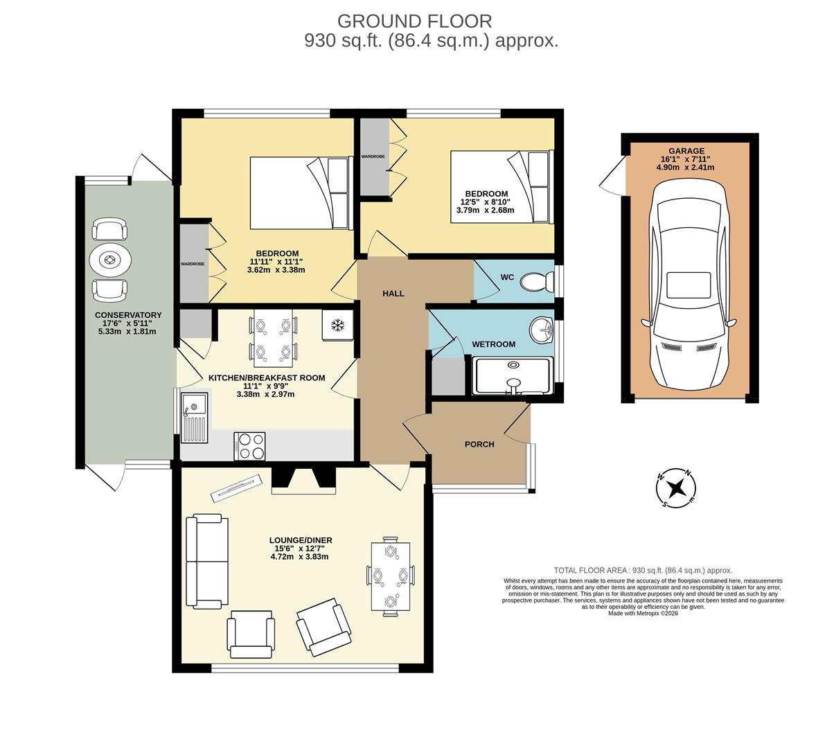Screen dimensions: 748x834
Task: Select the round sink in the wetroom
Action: click(x=543, y=330)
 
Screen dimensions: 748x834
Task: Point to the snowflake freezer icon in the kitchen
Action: click(x=338, y=325)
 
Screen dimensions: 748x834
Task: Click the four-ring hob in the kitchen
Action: click(x=250, y=445)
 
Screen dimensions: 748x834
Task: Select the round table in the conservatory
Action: click(x=109, y=260)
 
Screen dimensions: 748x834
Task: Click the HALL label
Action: click(x=393, y=294)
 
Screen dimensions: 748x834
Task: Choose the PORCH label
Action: click(x=479, y=444)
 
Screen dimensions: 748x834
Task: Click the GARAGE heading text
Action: click(x=686, y=151)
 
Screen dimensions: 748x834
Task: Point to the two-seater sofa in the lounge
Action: click(x=207, y=561)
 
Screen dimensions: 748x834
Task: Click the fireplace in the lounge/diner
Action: click(x=303, y=480)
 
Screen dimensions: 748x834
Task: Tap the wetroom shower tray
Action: click(x=513, y=376)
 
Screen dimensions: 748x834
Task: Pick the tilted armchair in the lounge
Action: click(x=323, y=627)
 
